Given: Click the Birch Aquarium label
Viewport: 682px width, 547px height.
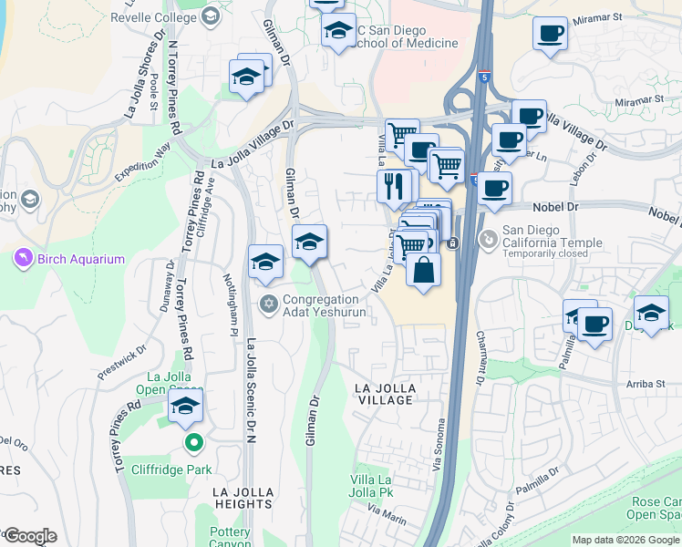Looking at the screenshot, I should click(80, 259).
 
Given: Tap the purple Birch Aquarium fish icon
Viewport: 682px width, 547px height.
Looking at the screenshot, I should click(22, 259).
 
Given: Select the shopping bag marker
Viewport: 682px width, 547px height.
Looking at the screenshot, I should click(424, 271).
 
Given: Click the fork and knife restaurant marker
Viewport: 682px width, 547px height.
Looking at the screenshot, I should click(394, 187).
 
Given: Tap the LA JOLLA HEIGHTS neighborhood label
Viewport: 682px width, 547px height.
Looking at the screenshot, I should click(243, 499).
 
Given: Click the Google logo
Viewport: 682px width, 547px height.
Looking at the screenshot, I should click(29, 536).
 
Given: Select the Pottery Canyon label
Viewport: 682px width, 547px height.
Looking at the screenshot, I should click(229, 538).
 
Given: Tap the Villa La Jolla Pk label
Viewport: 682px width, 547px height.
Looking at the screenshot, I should click(371, 487).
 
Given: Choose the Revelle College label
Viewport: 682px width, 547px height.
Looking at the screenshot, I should click(154, 16).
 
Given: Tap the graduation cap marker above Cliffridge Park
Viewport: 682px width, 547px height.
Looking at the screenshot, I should click(185, 408).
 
